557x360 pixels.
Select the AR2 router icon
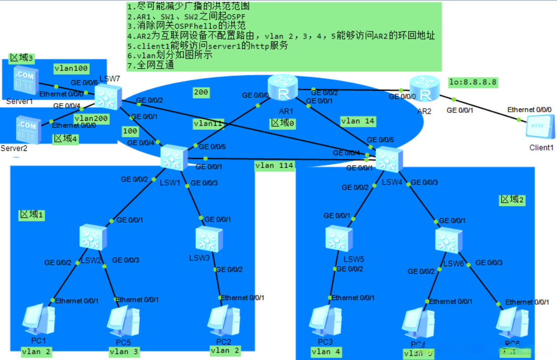(x=424, y=89)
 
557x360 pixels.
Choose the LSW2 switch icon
(x=93, y=237)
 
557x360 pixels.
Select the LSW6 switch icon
(x=448, y=240)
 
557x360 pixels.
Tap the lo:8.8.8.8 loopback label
(x=473, y=82)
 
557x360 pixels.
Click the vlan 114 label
(x=274, y=165)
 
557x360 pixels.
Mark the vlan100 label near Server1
(x=71, y=68)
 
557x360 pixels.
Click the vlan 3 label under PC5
(x=124, y=351)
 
